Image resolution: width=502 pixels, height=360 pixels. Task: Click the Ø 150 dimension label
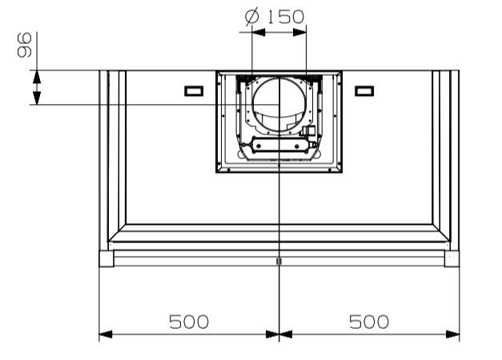click(x=275, y=17)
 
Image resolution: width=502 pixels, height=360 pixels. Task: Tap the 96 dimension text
click(x=25, y=45)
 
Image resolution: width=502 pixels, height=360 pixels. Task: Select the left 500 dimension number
click(x=189, y=322)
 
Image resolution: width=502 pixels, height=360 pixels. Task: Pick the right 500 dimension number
click(x=369, y=322)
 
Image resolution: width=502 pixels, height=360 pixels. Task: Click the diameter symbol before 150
click(x=251, y=18)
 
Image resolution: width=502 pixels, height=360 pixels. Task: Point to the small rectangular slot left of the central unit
click(x=194, y=91)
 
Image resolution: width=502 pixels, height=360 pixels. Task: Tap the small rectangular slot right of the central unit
click(x=364, y=91)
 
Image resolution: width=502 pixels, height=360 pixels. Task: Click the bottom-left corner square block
click(x=106, y=258)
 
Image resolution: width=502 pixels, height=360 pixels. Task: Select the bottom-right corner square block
click(x=452, y=258)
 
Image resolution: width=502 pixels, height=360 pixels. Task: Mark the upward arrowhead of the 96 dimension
click(x=37, y=77)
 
